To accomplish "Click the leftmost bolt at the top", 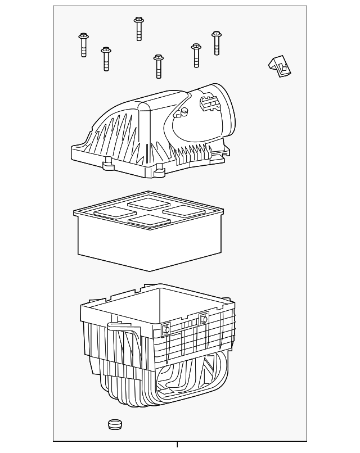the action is [84, 45].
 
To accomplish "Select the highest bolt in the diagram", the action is [138, 28].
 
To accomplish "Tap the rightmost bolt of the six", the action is [217, 43].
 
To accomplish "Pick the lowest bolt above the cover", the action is [158, 66].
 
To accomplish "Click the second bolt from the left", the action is [105, 59].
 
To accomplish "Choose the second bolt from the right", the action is [196, 55].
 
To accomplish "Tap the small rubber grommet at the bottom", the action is [115, 424].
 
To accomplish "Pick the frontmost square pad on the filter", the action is [148, 220].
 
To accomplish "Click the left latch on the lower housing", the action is [165, 329].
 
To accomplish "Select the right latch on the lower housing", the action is [204, 319].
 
